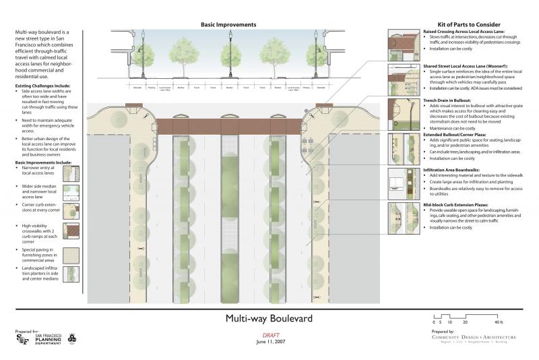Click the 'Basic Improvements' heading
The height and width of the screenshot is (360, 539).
[228, 25]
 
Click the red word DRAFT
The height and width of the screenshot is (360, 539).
[269, 336]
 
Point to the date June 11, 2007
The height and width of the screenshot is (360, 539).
[269, 342]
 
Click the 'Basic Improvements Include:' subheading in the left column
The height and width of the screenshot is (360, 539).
[41, 162]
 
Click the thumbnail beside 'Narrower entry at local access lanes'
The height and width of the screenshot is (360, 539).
[71, 173]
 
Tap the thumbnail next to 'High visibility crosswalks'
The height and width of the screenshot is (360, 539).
[71, 231]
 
